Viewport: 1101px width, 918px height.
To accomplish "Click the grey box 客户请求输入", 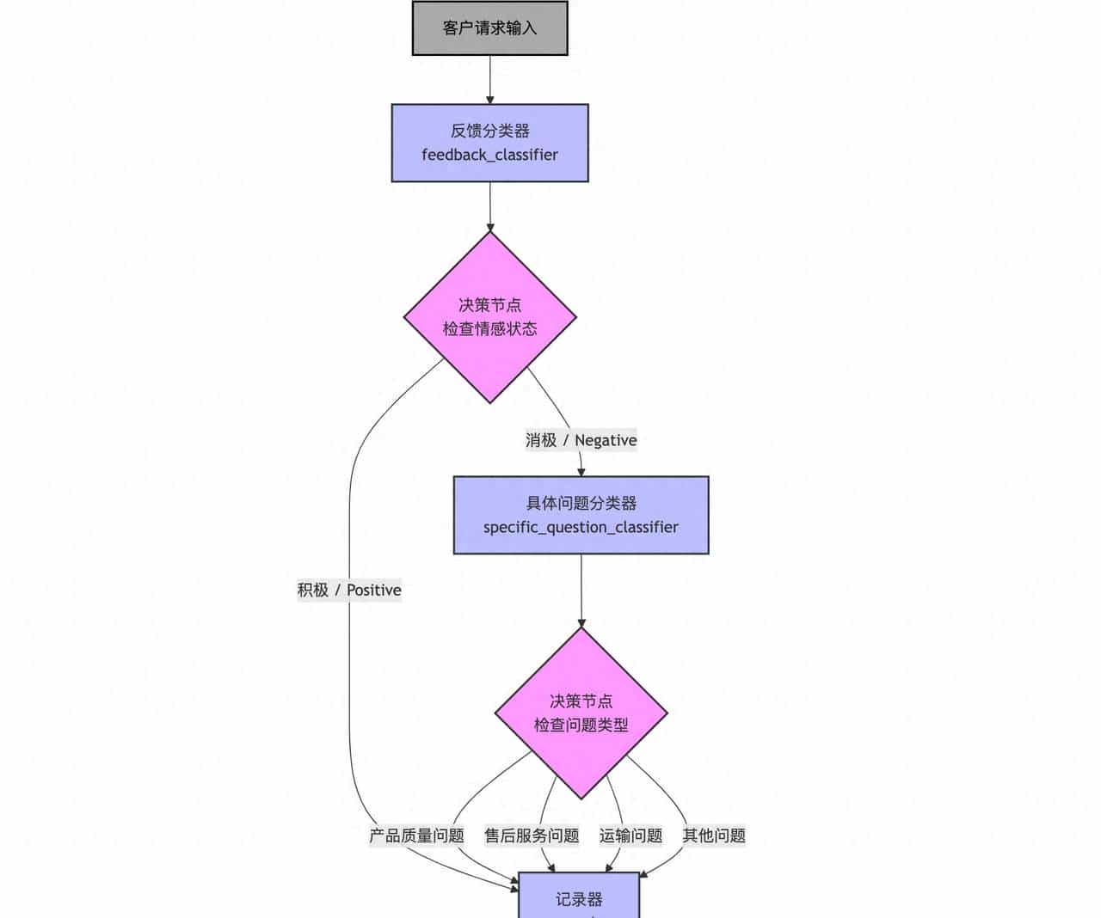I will (489, 28).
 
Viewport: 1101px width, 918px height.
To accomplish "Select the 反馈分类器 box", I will (489, 143).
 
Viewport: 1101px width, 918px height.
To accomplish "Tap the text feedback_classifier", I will (489, 155).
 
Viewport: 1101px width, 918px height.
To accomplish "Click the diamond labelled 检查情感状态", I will (489, 317).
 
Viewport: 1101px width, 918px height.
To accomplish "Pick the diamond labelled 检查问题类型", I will (581, 713).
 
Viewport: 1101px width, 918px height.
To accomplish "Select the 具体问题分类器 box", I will (581, 515).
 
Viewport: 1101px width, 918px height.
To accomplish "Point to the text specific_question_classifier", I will (581, 527).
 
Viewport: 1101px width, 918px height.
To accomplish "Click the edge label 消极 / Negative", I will (581, 440).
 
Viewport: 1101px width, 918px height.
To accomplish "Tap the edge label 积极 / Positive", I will (349, 590).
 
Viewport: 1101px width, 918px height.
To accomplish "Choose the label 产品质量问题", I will (416, 835).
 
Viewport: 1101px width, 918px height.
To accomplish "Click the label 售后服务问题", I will (532, 835).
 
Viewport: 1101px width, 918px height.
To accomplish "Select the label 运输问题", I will (630, 835).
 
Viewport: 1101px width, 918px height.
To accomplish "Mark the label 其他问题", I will (714, 835).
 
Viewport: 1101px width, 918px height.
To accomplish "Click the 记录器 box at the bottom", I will (579, 897).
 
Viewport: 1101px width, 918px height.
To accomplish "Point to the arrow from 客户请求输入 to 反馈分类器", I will (489, 79).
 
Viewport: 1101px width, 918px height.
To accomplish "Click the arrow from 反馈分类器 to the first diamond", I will (489, 206).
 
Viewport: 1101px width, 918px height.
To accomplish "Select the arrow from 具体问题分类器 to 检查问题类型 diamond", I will (581, 591).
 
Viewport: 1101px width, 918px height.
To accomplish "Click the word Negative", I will (606, 440).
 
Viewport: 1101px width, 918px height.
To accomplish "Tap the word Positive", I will (373, 590).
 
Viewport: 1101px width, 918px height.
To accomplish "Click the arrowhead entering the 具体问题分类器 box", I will (581, 471).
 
